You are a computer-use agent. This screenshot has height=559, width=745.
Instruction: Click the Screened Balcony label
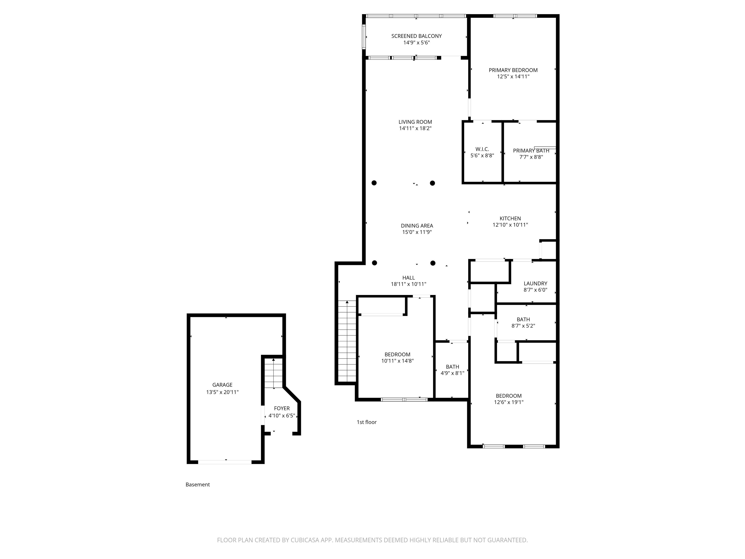click(416, 36)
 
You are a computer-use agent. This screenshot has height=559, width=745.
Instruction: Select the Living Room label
click(415, 122)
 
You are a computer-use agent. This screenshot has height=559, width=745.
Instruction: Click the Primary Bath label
click(531, 151)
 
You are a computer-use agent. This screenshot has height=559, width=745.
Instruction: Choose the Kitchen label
click(510, 218)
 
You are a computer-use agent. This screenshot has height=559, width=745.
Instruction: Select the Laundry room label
click(535, 283)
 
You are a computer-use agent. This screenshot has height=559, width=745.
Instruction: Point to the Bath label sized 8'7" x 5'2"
click(523, 320)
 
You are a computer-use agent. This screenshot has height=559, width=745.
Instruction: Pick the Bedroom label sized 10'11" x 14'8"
click(397, 354)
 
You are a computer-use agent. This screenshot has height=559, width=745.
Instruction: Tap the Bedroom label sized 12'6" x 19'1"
click(509, 396)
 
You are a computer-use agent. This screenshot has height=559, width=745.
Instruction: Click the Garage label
click(222, 385)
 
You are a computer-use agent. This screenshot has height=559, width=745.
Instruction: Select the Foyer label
click(282, 408)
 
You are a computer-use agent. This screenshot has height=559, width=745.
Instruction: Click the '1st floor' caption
click(366, 422)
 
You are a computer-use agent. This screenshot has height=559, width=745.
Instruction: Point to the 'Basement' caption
click(198, 485)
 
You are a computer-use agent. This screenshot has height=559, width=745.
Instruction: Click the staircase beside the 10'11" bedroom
click(347, 341)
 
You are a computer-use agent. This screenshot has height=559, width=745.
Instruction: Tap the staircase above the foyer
click(274, 373)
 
